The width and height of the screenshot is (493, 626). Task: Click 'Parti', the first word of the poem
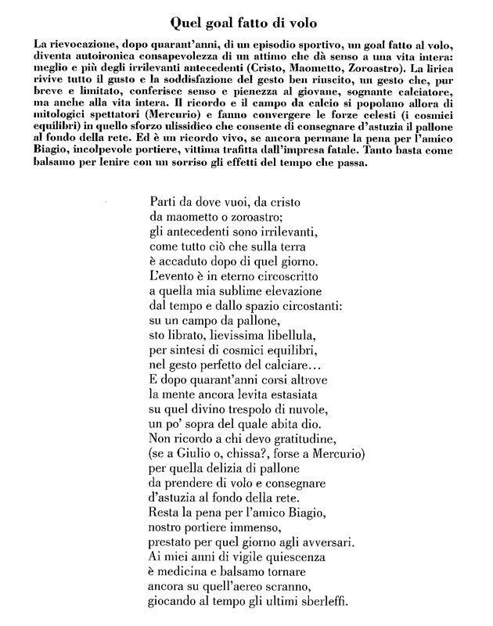coord(161,201)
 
